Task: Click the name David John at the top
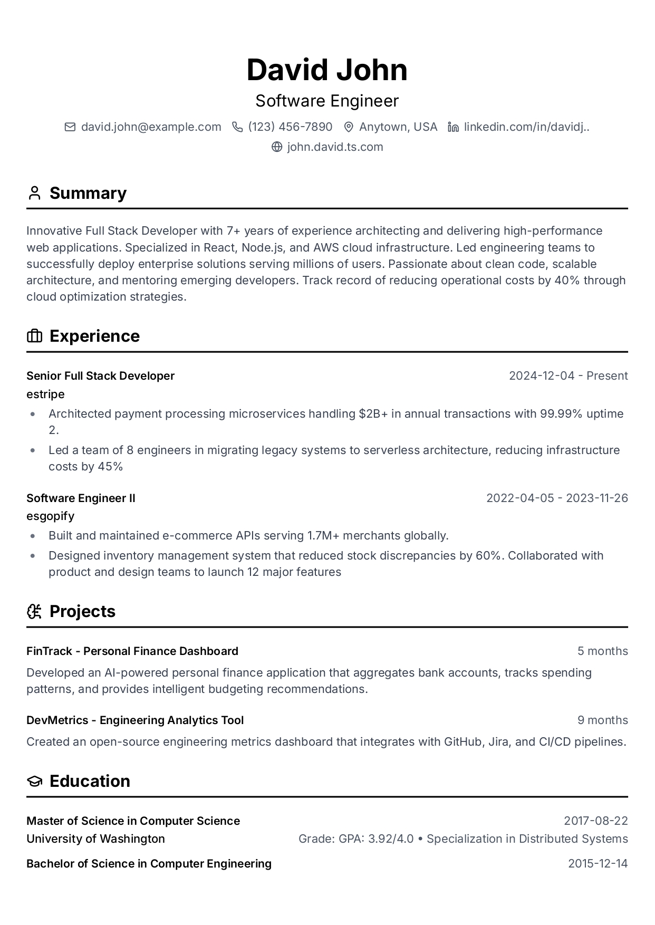327,70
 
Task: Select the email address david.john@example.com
151,127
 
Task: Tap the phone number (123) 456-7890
290,127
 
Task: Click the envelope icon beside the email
70,127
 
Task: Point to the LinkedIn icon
453,127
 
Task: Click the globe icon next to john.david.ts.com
277,147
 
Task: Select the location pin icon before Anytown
348,127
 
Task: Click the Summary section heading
88,193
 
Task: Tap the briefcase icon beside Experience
34,336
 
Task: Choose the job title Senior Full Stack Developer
100,376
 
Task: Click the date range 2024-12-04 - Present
568,376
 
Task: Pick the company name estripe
45,394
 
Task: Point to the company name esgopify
50,516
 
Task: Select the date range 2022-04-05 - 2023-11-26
557,498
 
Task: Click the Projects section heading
82,611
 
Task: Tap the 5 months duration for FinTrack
602,651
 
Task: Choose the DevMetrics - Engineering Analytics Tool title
135,720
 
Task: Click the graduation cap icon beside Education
34,781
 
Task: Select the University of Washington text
95,839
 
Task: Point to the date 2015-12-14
598,864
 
